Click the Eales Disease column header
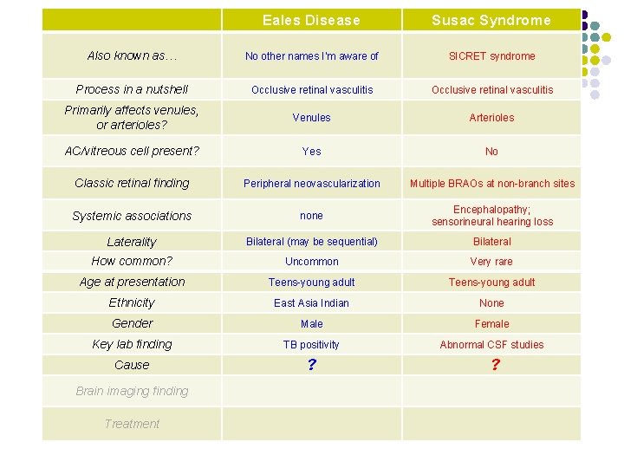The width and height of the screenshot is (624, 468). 311,20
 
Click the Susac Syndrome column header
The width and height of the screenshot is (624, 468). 491,20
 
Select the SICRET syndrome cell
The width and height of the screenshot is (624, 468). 491,56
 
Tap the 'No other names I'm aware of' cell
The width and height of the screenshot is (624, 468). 311,56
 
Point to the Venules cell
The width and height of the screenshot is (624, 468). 311,118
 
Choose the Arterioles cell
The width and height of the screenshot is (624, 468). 491,118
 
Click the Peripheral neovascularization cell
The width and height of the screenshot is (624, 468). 311,184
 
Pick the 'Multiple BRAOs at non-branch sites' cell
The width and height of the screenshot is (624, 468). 491,184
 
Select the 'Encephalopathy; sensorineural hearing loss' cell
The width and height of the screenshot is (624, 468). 491,216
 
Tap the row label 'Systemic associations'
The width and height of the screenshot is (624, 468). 132,216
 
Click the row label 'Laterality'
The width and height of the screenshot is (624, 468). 132,242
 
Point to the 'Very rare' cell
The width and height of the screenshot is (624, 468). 491,262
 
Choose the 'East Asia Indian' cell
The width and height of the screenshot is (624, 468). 311,303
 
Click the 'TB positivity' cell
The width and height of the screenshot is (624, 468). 311,345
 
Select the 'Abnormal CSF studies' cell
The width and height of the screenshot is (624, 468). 491,345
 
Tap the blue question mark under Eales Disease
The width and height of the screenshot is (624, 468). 311,366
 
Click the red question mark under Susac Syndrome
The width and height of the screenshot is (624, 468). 495,366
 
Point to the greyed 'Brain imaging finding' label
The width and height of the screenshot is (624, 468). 132,391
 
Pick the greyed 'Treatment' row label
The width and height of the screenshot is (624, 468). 132,424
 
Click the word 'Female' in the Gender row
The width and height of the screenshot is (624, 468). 491,324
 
